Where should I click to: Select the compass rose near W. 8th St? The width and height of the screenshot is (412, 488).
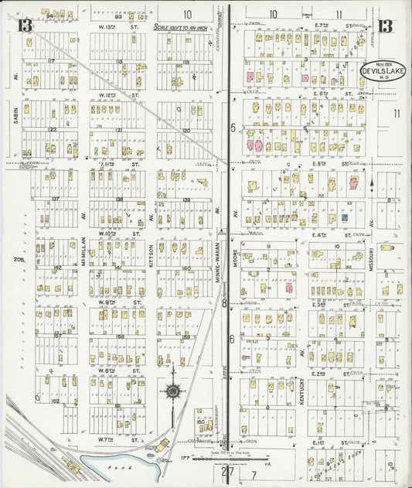click(x=172, y=391)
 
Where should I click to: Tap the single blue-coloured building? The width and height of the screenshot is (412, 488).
click(x=343, y=217)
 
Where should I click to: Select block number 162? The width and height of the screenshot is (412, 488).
click(x=54, y=401)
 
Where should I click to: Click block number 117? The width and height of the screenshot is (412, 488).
click(x=53, y=60)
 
